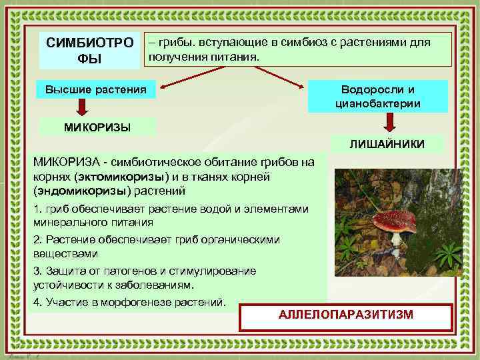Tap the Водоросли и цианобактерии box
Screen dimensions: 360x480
tap(377, 97)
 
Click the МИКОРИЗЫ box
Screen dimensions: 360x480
tap(97, 126)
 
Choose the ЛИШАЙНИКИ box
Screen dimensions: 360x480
tap(387, 144)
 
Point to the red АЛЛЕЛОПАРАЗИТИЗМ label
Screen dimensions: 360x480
tap(346, 315)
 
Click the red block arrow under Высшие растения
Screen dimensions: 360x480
tap(81, 106)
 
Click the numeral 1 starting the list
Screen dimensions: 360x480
tap(36, 209)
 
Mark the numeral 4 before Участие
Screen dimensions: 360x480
tap(36, 302)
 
